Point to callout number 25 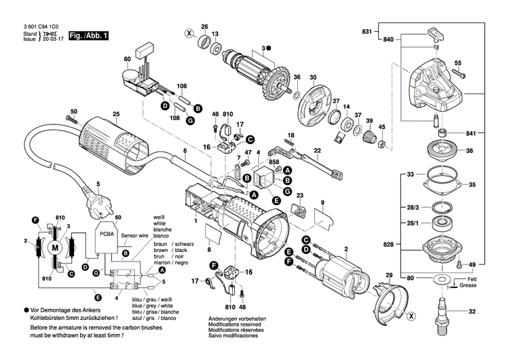click(116, 113)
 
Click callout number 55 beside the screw click(458, 63)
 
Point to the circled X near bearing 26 click(189, 33)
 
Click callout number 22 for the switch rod click(317, 150)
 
